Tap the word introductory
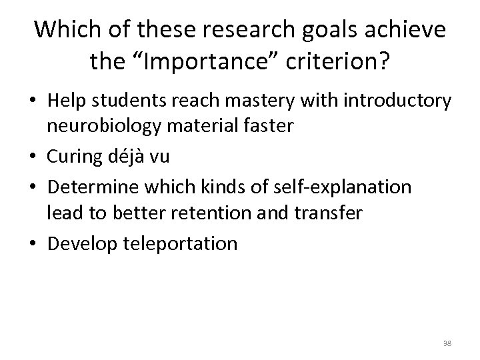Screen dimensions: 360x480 tap(396, 101)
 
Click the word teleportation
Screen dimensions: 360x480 tap(180, 243)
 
